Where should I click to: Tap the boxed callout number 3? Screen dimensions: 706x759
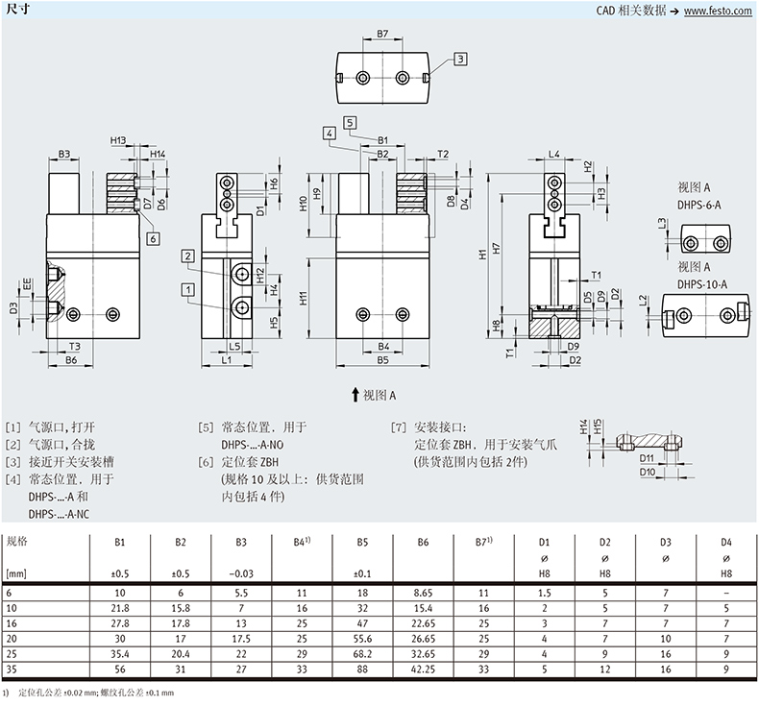pyautogui.click(x=460, y=60)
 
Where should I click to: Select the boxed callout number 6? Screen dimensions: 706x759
pyautogui.click(x=153, y=237)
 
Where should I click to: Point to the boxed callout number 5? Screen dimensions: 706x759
pyautogui.click(x=350, y=122)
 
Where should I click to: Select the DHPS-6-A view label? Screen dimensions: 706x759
pyautogui.click(x=698, y=204)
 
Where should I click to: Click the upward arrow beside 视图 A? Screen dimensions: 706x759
pyautogui.click(x=355, y=394)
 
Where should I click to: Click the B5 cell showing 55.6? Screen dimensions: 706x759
pyautogui.click(x=363, y=639)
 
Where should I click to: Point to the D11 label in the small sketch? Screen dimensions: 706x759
pyautogui.click(x=646, y=459)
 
